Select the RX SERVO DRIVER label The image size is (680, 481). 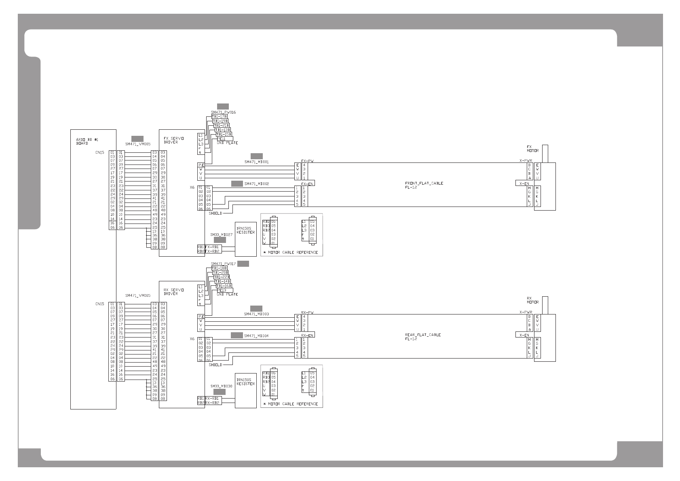click(x=173, y=292)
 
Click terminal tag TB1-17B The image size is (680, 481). click(x=220, y=116)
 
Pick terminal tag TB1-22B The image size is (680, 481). click(x=222, y=277)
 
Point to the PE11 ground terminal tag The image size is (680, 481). click(x=222, y=139)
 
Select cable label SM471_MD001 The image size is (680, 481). click(x=256, y=162)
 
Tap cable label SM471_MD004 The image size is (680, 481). click(x=256, y=336)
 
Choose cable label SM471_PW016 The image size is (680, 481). click(x=223, y=112)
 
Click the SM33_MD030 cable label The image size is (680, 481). click(x=221, y=386)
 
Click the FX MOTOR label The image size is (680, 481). click(x=532, y=149)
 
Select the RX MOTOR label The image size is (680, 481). click(x=532, y=300)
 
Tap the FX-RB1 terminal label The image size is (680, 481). click(x=213, y=247)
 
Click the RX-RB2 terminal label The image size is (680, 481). click(x=213, y=403)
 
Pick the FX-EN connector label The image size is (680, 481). click(x=308, y=183)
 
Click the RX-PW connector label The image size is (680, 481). click(x=308, y=312)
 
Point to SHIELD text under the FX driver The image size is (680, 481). click(x=215, y=213)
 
